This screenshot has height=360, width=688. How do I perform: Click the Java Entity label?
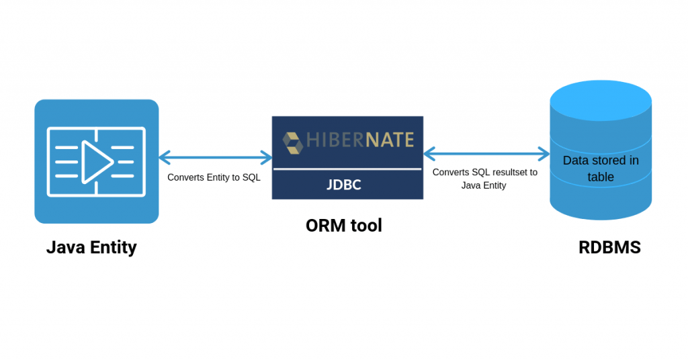click(91, 248)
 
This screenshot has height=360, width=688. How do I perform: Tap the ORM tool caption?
click(343, 226)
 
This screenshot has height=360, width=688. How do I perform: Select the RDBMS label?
click(609, 248)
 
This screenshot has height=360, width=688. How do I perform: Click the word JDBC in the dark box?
click(344, 185)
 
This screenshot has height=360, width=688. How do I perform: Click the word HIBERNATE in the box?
click(360, 140)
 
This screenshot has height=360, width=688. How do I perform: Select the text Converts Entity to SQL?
click(214, 178)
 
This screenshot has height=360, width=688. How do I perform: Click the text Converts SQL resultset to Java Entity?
click(484, 179)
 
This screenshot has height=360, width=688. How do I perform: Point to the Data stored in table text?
click(601, 169)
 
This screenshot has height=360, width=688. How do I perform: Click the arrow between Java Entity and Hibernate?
click(216, 159)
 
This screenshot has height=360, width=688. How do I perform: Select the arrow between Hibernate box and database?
click(486, 154)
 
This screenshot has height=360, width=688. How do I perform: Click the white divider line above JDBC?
click(347, 169)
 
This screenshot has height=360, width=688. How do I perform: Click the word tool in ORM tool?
click(366, 226)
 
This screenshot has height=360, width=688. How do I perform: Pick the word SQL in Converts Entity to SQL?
click(251, 178)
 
